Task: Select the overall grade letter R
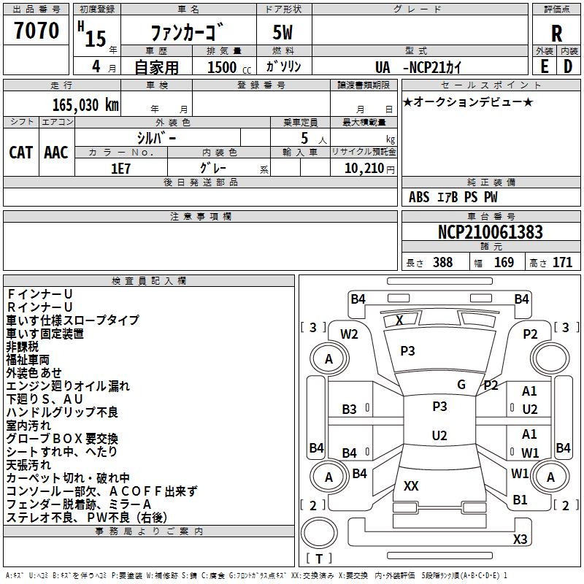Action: pyautogui.click(x=556, y=33)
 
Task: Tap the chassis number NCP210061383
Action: pyautogui.click(x=491, y=232)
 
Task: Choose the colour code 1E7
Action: pyautogui.click(x=121, y=167)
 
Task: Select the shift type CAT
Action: pyautogui.click(x=21, y=152)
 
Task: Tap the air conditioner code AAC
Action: pyautogui.click(x=56, y=152)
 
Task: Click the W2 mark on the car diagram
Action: pyautogui.click(x=350, y=334)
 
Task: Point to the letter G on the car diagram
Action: pyautogui.click(x=461, y=384)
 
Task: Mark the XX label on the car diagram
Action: pyautogui.click(x=411, y=485)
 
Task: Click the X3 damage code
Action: pyautogui.click(x=520, y=539)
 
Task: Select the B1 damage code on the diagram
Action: pyautogui.click(x=520, y=500)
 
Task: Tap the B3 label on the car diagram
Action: pyautogui.click(x=350, y=410)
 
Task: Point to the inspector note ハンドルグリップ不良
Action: pyautogui.click(x=62, y=413)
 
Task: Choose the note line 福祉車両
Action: pyautogui.click(x=28, y=360)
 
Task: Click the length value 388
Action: pyautogui.click(x=442, y=263)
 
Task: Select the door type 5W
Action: pyautogui.click(x=283, y=34)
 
